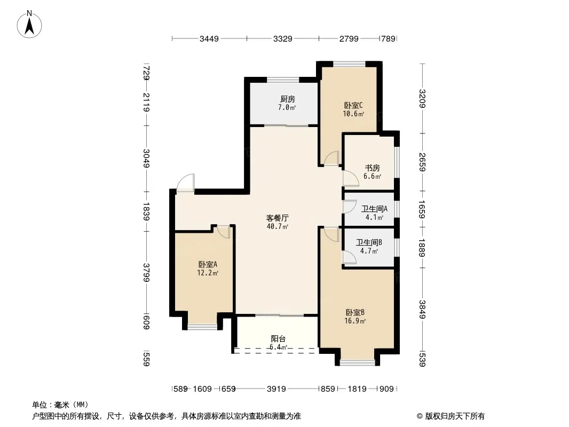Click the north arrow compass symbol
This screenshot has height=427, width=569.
click(29, 25)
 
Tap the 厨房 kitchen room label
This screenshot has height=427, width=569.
click(287, 99)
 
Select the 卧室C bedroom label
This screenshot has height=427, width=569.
click(353, 106)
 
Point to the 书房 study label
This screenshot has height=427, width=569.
click(373, 168)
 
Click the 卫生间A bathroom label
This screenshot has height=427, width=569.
click(375, 209)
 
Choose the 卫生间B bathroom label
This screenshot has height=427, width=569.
click(369, 242)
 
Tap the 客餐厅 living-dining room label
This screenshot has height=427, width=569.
click(278, 218)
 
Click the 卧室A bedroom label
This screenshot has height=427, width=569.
click(208, 264)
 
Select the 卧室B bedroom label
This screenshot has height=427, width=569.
click(355, 312)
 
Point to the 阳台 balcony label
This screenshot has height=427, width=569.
click(278, 339)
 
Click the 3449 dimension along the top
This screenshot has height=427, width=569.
click(209, 39)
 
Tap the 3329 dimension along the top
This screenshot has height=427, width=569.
click(283, 39)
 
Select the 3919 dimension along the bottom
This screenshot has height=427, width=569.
click(276, 389)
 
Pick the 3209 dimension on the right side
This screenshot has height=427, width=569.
click(422, 99)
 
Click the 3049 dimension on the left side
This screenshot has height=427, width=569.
click(146, 159)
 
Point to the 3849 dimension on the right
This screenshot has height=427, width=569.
click(422, 310)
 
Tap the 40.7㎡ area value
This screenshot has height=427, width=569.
click(278, 227)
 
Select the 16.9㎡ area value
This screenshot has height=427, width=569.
click(355, 321)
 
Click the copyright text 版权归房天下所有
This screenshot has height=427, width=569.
click(455, 416)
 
